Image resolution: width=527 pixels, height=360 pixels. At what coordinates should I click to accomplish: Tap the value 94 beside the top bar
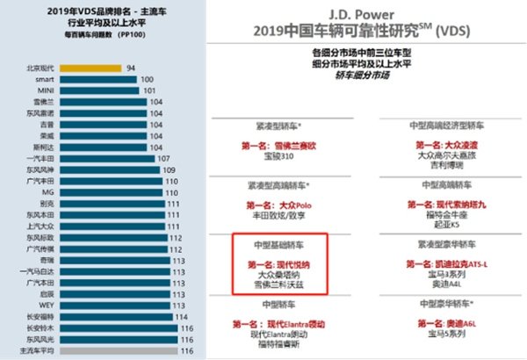tap(131, 67)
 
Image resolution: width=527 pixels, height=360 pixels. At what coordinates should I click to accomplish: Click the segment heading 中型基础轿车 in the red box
tap(279, 246)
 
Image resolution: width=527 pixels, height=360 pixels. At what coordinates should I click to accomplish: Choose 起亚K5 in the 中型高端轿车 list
tap(442, 222)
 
